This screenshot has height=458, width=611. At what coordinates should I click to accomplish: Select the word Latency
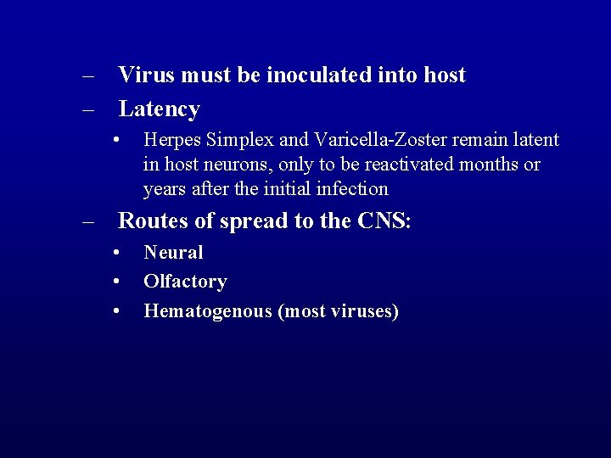[159, 109]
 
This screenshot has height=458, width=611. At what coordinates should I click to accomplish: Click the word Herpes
[172, 140]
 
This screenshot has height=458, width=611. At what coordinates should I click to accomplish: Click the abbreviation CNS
[383, 221]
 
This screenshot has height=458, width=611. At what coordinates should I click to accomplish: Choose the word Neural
[173, 253]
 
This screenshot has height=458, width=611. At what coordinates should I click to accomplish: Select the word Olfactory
[185, 282]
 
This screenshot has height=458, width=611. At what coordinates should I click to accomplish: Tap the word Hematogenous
[207, 311]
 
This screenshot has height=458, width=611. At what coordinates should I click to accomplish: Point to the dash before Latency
[88, 109]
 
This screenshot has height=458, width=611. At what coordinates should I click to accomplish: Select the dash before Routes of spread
[88, 221]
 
